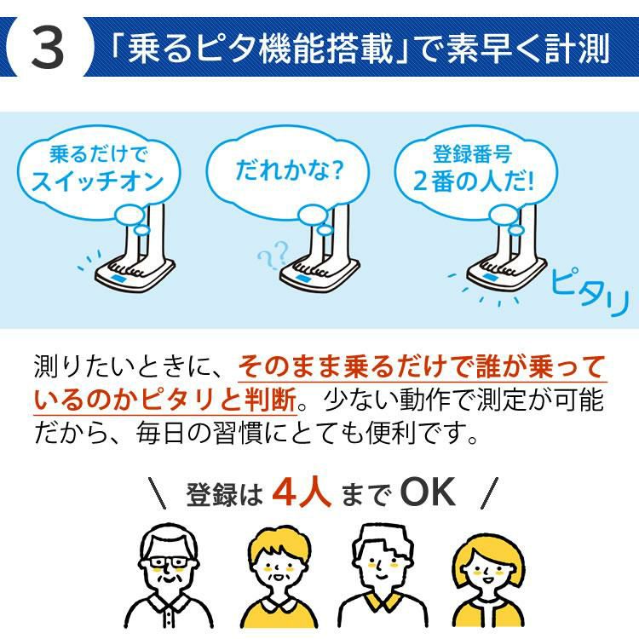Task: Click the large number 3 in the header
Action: coord(48,48)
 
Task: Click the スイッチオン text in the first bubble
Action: coord(97,181)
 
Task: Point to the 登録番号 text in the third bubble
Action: coord(472,153)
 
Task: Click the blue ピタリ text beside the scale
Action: coord(590,291)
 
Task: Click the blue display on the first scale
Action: coord(118,279)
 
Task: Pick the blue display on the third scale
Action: coord(490,278)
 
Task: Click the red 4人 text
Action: coord(301,492)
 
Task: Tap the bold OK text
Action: coord(427,492)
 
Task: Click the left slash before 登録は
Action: coord(157,493)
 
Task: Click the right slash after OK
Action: coord(489,493)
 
